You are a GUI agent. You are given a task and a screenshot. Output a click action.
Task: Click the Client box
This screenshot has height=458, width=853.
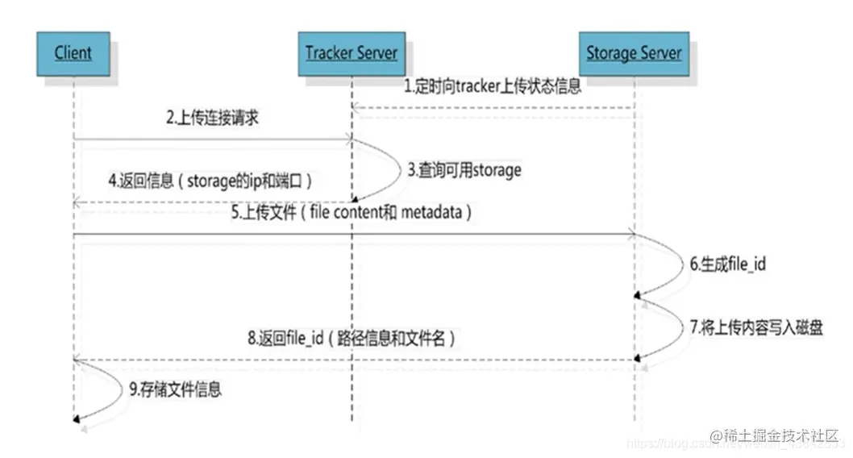coord(73,54)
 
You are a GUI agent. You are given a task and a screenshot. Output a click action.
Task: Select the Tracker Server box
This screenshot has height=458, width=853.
coord(352,54)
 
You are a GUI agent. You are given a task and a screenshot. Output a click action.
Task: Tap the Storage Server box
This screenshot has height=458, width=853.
coord(634,54)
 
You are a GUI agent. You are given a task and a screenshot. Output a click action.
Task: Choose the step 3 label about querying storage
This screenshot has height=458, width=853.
coord(464,170)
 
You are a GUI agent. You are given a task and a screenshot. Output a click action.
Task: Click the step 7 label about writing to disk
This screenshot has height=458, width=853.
coord(755,328)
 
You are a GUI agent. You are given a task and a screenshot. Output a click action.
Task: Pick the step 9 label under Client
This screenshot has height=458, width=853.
coord(175,390)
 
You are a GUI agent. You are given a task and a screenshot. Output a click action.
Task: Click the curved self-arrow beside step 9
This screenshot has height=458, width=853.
coord(100,391)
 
